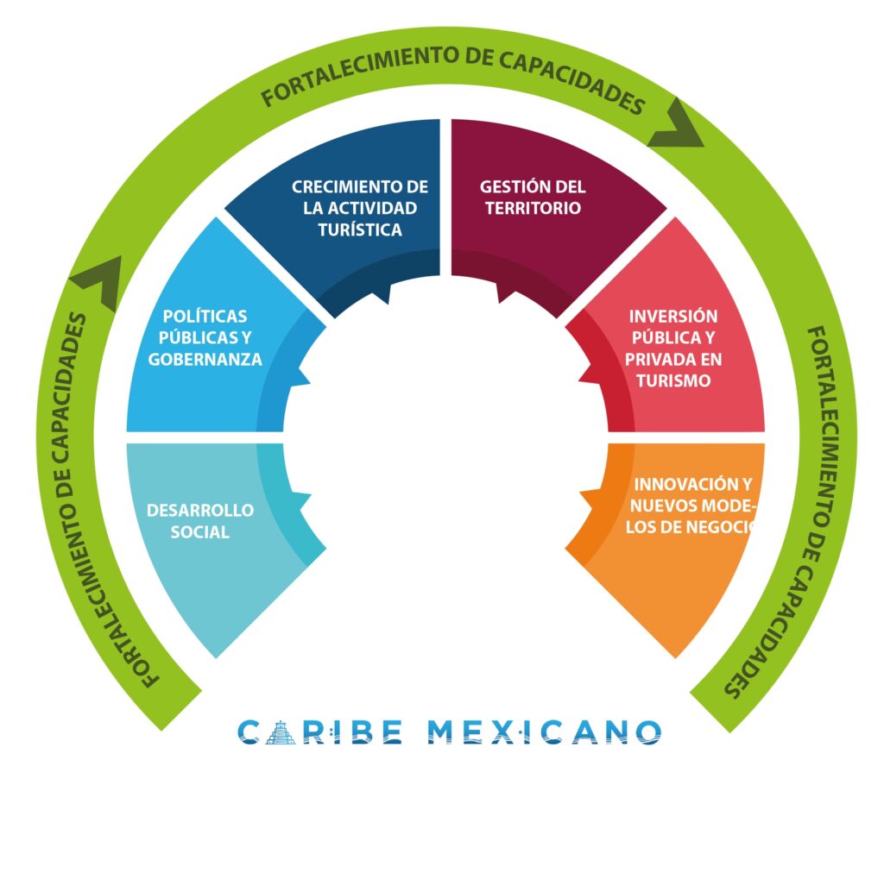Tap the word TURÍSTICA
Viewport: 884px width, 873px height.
360,229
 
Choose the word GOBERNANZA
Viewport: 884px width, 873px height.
205,360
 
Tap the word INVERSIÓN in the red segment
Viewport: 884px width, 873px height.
673,316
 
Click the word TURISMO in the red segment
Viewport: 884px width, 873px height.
673,380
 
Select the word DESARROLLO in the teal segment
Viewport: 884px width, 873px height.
200,510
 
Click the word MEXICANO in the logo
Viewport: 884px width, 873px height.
544,732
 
